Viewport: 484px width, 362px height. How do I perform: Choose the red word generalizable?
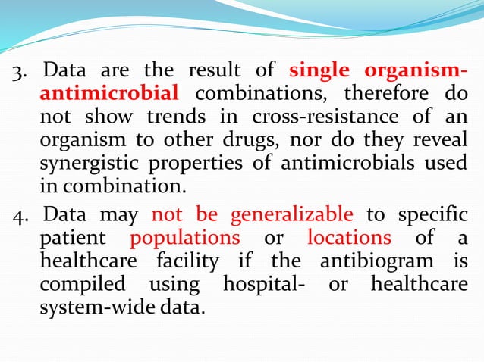(292, 215)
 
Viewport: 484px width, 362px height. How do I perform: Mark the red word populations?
(184, 239)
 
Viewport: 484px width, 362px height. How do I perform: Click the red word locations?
(349, 239)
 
